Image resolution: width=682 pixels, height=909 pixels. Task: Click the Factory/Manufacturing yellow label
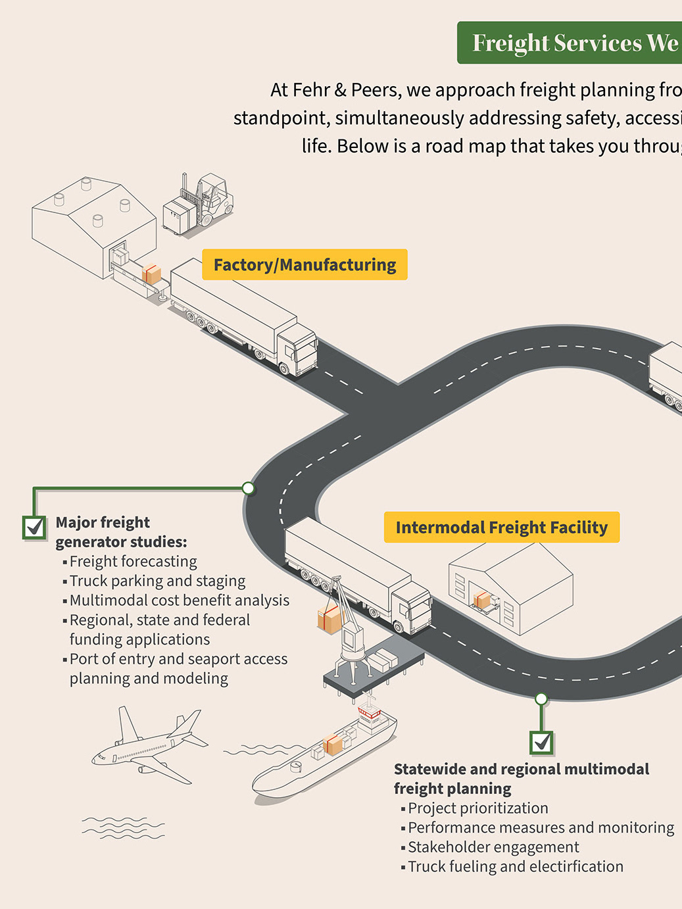(304, 264)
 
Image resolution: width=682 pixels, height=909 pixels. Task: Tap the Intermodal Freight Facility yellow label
(502, 528)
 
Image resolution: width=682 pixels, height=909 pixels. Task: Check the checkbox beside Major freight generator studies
(34, 527)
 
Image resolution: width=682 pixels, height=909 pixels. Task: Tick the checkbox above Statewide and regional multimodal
(542, 743)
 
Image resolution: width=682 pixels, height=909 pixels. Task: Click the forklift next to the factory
(201, 203)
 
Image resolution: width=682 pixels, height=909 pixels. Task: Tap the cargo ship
(326, 756)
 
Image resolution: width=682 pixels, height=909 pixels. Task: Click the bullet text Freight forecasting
(133, 562)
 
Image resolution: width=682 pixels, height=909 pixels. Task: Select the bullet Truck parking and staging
(157, 581)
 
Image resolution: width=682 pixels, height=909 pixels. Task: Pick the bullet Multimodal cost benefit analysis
(179, 601)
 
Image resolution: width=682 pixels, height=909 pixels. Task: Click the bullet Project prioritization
(477, 808)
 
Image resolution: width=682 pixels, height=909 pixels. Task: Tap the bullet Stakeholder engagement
(493, 847)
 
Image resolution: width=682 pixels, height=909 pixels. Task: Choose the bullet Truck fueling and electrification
(516, 867)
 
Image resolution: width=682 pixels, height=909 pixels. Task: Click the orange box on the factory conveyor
(151, 274)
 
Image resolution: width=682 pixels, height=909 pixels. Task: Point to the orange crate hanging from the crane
(329, 619)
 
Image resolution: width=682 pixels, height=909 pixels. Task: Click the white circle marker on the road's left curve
(248, 488)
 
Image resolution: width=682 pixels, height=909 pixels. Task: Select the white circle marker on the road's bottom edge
(541, 699)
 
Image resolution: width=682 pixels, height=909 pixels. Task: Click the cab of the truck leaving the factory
(297, 348)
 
